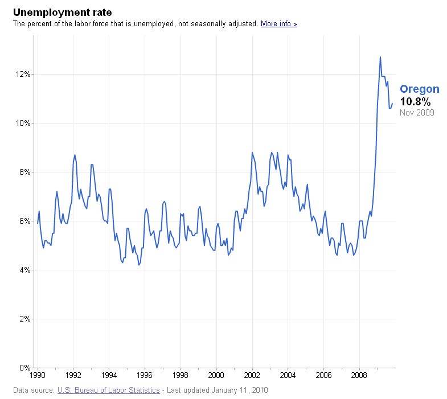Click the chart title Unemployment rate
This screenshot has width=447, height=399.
tap(63, 13)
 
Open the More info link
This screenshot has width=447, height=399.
tap(279, 24)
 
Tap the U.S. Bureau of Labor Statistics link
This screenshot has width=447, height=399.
tap(109, 390)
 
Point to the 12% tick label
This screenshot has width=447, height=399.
tap(23, 74)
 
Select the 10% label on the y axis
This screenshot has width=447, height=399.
tap(23, 123)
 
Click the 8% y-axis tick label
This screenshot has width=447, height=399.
tap(25, 172)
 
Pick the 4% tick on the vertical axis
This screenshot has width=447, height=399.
tap(25, 270)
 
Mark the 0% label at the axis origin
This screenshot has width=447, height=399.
tap(25, 368)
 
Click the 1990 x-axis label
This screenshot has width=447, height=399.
tap(38, 375)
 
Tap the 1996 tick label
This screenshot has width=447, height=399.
tap(145, 375)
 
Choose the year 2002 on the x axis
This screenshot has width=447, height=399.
tap(252, 375)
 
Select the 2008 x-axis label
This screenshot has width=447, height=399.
tap(359, 375)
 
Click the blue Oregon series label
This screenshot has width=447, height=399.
tap(420, 89)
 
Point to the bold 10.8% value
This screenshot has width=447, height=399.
tap(415, 101)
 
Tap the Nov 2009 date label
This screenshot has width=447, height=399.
tap(417, 113)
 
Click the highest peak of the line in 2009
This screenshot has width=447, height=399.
tap(380, 57)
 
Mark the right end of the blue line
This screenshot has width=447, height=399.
tap(392, 104)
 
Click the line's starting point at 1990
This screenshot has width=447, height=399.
tap(38, 224)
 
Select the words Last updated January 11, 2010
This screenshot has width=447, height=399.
tap(217, 390)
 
